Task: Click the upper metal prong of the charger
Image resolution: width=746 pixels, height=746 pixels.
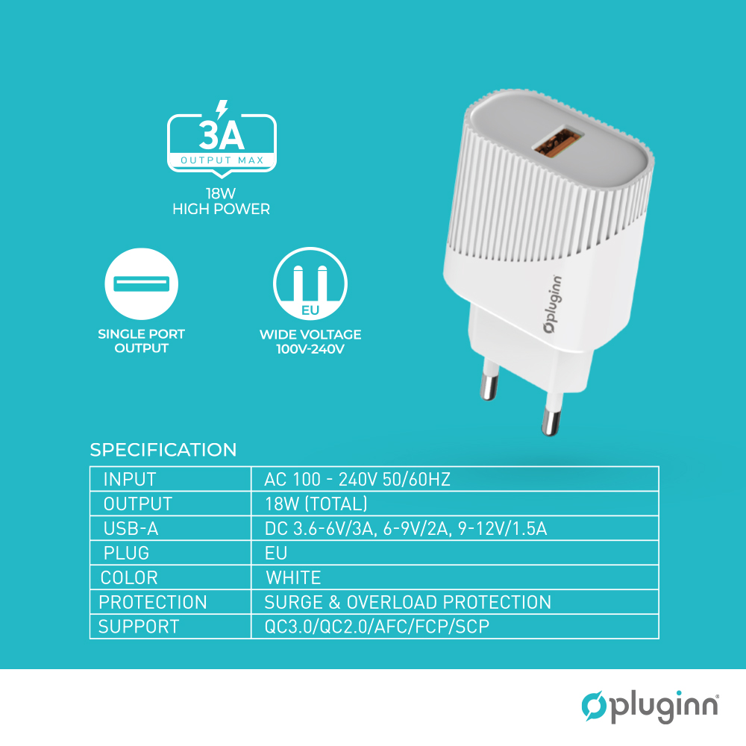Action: click(x=489, y=380)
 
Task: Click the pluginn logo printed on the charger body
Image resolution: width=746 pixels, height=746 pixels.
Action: click(x=552, y=304)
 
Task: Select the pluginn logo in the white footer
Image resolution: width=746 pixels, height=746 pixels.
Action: click(x=650, y=706)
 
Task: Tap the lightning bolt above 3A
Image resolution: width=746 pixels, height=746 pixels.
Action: click(x=222, y=109)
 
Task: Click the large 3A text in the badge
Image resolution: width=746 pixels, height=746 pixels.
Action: click(x=222, y=136)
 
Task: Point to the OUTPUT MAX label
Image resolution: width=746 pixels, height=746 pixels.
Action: click(x=222, y=160)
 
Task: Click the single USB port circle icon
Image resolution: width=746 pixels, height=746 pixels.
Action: click(x=141, y=283)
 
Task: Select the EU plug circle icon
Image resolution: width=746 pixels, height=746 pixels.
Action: click(x=310, y=283)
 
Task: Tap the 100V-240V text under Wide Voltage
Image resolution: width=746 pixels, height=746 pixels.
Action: click(x=310, y=349)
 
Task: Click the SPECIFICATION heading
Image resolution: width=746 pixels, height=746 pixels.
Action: click(x=163, y=450)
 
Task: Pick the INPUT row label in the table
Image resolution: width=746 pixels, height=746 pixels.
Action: click(x=129, y=479)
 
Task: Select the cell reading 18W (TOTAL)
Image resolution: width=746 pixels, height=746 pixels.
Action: click(x=316, y=504)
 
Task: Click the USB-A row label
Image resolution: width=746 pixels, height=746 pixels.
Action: click(x=131, y=529)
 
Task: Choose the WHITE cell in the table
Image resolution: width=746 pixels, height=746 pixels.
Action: click(x=293, y=577)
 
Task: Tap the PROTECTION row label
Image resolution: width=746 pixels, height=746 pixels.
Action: click(x=153, y=602)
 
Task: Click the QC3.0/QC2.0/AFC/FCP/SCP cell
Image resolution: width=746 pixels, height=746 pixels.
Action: click(x=377, y=627)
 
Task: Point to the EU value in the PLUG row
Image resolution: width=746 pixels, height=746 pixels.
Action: click(x=276, y=553)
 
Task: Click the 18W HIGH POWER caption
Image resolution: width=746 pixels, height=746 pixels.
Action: click(x=222, y=201)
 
